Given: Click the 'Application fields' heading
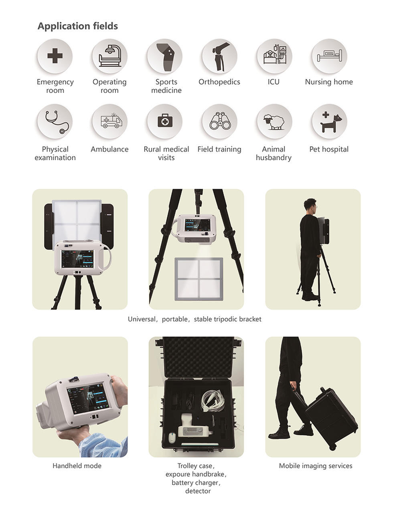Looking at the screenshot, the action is click(78, 26).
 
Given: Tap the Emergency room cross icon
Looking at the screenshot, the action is click(54, 56).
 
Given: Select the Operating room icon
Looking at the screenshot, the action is click(109, 56).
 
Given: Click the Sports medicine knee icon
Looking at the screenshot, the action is click(165, 56).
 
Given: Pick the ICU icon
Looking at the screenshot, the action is click(274, 56).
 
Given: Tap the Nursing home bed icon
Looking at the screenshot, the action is click(329, 56).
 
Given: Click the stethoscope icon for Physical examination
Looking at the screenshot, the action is click(55, 121).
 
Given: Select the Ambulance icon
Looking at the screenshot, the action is click(110, 121).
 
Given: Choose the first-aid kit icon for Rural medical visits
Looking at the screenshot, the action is click(165, 121).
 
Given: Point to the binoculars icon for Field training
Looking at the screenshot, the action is click(220, 121).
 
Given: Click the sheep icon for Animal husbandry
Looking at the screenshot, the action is click(274, 121).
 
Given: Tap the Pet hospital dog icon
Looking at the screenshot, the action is click(329, 122).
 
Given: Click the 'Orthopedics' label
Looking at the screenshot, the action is click(219, 82).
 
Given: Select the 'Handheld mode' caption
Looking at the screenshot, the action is click(77, 465).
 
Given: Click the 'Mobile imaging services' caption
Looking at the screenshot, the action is click(315, 465).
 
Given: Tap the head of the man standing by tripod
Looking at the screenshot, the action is click(308, 206).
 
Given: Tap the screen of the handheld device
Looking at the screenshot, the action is click(88, 398).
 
